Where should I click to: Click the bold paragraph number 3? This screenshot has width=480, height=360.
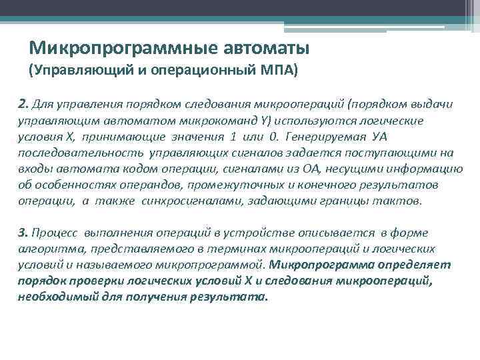click(x=23, y=233)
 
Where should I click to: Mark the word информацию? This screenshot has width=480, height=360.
click(x=421, y=170)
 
